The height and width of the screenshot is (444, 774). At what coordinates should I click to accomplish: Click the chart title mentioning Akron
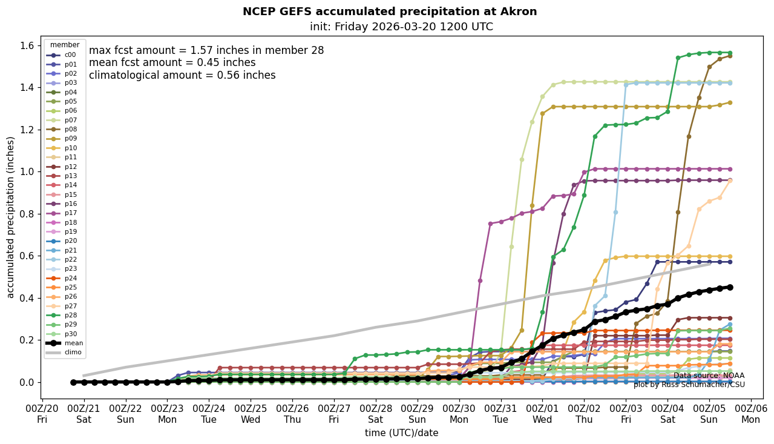389,12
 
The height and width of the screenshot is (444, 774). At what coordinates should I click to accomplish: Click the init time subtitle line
401,27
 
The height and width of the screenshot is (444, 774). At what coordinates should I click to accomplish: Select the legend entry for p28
71,315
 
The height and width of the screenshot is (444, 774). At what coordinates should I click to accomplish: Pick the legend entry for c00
71,55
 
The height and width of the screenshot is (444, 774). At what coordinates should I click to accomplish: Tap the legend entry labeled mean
74,343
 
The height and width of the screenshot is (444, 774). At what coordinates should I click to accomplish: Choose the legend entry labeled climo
74,352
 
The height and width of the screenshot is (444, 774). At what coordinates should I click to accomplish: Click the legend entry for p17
71,213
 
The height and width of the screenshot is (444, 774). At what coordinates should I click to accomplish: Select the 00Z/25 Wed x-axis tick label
251,414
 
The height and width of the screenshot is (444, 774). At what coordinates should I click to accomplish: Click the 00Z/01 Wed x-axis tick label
543,414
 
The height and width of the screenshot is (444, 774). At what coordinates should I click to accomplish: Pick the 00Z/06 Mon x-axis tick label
751,414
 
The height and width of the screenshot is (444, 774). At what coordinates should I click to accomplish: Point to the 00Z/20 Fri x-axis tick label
42,414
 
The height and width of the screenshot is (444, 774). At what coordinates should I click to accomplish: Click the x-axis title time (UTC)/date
401,432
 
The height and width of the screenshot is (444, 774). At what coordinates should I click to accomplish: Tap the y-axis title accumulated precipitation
10,217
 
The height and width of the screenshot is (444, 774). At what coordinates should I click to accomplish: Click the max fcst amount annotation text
206,50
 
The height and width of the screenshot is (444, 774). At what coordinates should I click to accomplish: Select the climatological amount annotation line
182,75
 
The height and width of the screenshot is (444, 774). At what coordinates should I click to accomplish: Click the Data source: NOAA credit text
709,376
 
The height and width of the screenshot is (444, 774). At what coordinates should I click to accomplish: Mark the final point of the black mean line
730,287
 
